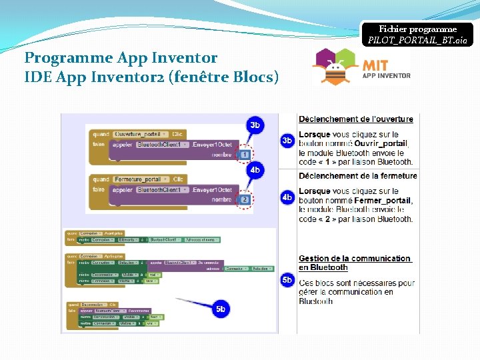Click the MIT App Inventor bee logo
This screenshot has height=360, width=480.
(337, 66)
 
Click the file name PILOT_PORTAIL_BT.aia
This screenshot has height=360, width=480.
(418, 41)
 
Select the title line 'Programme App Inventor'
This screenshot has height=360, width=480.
(121, 58)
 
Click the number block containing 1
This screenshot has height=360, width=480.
(244, 154)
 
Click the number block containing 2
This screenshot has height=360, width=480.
(244, 199)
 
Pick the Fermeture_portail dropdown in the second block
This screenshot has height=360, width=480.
(141, 179)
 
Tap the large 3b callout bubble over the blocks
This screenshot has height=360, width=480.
(255, 125)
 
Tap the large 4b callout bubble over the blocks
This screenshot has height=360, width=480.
(255, 170)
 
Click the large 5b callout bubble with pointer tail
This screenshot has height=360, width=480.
(221, 309)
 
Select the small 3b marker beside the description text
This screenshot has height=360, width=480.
(287, 141)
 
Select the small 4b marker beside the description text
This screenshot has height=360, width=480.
(287, 197)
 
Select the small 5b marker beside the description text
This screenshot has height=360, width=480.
(287, 280)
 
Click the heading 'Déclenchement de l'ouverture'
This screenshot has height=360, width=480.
(355, 119)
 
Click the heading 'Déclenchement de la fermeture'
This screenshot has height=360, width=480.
(357, 176)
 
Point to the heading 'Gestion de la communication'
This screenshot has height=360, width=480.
(354, 259)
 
